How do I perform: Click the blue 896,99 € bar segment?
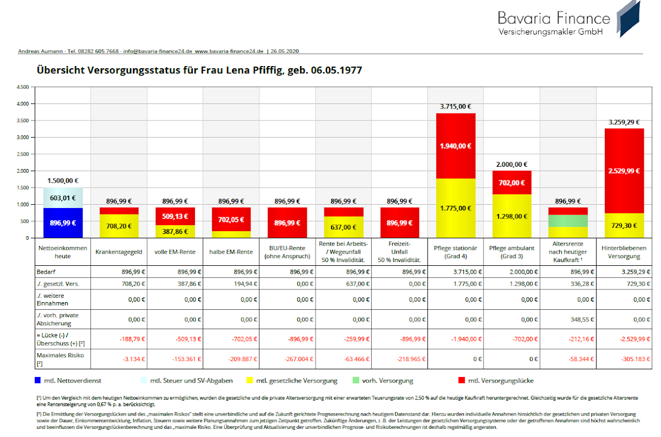[x=63, y=223]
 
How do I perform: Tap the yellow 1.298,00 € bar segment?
[x=512, y=216]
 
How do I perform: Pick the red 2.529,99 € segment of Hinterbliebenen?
[x=624, y=171]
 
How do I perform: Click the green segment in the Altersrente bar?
[x=568, y=221]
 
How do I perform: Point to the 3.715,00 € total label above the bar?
[x=456, y=107]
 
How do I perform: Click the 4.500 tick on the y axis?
[x=23, y=87]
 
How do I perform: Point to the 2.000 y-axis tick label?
[x=23, y=171]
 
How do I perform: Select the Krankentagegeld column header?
[x=119, y=252]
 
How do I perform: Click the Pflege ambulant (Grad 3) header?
[x=512, y=252]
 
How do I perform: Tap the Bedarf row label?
[x=46, y=272]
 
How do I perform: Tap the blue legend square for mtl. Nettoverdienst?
[x=37, y=380]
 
